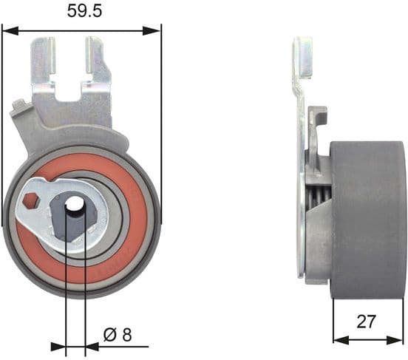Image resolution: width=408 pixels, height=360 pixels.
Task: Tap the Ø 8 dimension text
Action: click(118, 334)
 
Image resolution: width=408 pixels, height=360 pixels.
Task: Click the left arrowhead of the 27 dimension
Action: click(338, 340)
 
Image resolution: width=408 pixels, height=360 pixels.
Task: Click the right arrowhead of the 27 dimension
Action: click(399, 340)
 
